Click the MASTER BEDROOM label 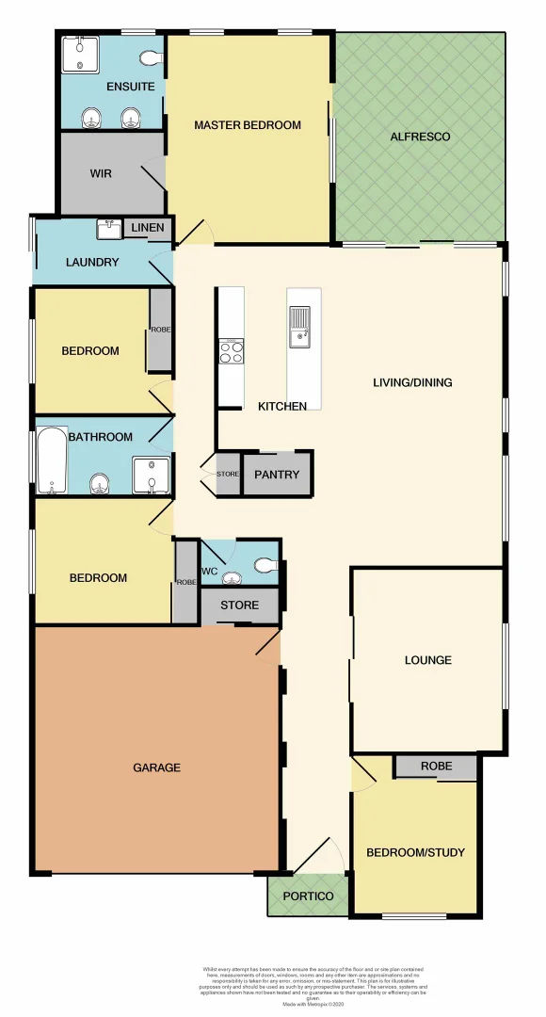[x=248, y=125]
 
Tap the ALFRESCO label [x=420, y=137]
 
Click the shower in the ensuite [x=79, y=54]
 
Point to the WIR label [x=101, y=174]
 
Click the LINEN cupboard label [x=148, y=228]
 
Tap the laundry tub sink [x=107, y=229]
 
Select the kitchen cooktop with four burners [x=231, y=351]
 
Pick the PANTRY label [x=277, y=475]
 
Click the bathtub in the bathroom [x=52, y=461]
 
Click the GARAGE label [x=156, y=767]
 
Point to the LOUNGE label [x=427, y=660]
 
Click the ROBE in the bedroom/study [x=435, y=767]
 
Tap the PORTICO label [x=309, y=896]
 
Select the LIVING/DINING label [x=412, y=382]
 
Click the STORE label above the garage [x=239, y=605]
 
